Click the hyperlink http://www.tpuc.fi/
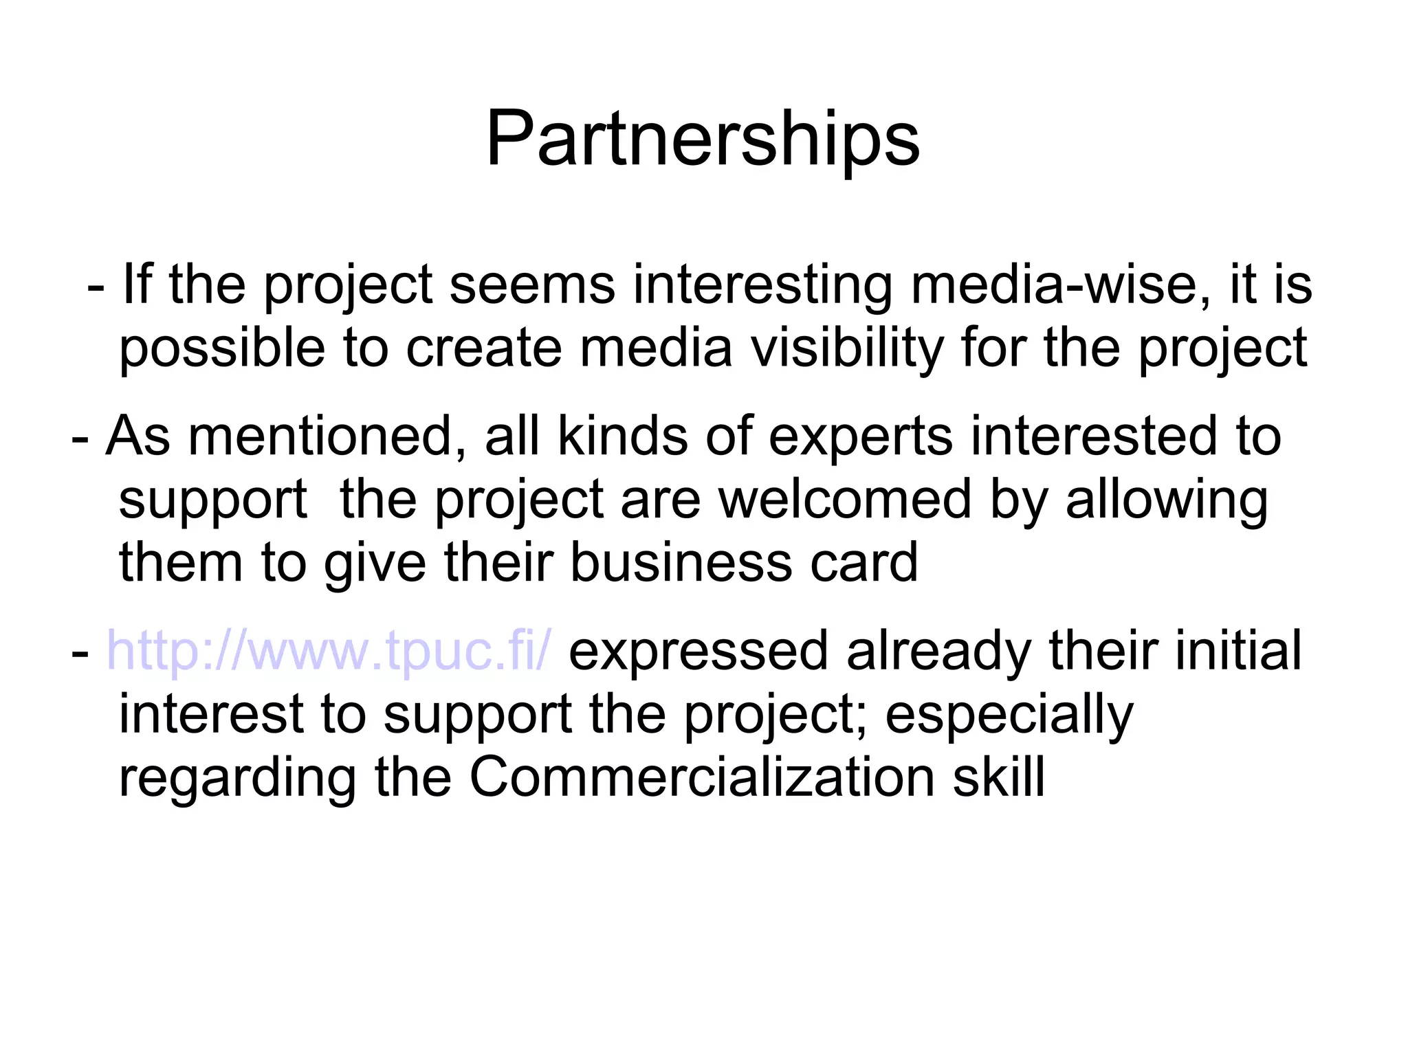[329, 651]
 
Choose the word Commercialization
[702, 777]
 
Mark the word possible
[221, 349]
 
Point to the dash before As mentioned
[80, 437]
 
